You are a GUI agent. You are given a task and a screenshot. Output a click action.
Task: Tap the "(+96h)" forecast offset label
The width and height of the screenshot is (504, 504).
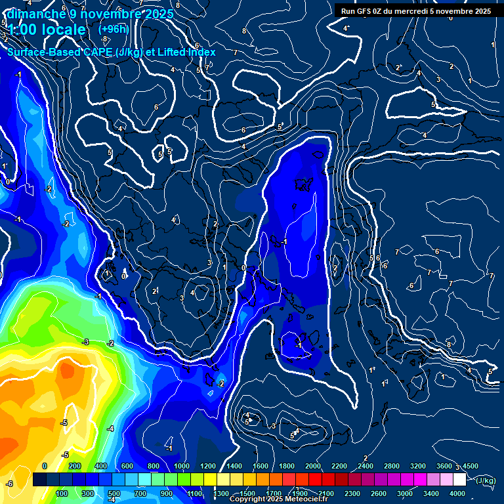pyautogui.click(x=114, y=29)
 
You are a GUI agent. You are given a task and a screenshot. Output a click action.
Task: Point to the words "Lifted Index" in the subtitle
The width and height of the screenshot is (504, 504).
pyautogui.click(x=203, y=52)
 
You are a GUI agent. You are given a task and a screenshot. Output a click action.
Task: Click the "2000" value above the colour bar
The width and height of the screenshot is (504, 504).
pyautogui.click(x=313, y=466)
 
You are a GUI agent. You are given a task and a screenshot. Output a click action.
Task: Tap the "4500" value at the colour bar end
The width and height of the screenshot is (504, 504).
pyautogui.click(x=470, y=466)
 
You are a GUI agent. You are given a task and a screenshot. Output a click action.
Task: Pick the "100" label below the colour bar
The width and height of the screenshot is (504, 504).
pyautogui.click(x=62, y=493)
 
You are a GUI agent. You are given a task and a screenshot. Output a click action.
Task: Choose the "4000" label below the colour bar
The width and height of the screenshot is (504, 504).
pyautogui.click(x=457, y=493)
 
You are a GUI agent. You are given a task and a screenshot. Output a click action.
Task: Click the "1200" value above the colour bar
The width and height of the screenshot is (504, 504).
pyautogui.click(x=207, y=466)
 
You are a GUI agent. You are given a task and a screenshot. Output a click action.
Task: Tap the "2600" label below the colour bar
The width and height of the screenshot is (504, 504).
pyautogui.click(x=379, y=493)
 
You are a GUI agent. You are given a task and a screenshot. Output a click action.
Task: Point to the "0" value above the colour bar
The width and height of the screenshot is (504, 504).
pyautogui.click(x=45, y=466)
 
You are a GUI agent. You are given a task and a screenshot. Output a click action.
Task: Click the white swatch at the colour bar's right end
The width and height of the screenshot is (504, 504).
pyautogui.click(x=459, y=480)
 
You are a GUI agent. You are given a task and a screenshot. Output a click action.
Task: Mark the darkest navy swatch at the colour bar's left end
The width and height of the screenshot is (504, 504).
pyautogui.click(x=39, y=480)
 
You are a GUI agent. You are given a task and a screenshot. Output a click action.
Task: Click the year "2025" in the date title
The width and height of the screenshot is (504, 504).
pyautogui.click(x=159, y=14)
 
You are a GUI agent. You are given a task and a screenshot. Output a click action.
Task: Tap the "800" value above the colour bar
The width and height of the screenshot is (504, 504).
pyautogui.click(x=154, y=466)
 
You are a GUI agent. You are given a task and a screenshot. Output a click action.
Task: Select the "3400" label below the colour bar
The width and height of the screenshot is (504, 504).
pyautogui.click(x=431, y=493)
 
